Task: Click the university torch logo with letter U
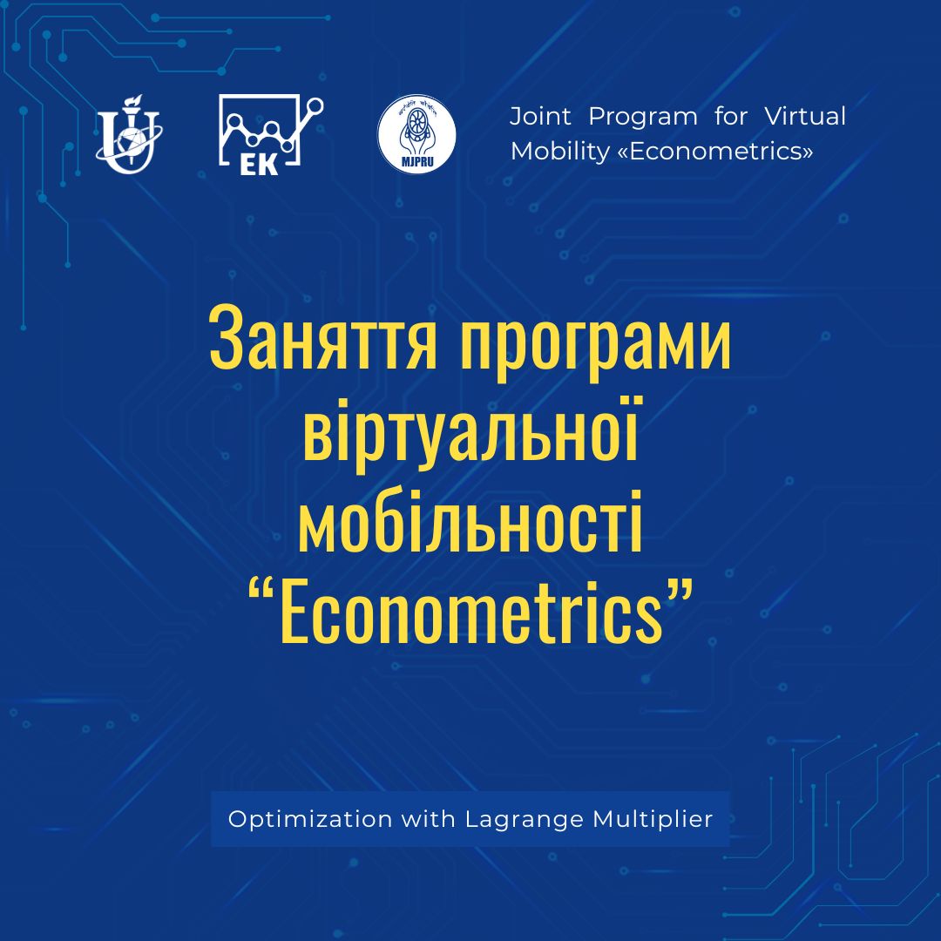[129, 134]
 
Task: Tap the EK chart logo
[271, 134]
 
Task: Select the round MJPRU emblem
[416, 134]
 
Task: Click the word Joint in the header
[540, 117]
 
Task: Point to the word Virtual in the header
[805, 117]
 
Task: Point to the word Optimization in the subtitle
[309, 819]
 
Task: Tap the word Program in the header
[643, 118]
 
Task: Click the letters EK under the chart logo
[259, 165]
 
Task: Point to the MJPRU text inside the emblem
[417, 161]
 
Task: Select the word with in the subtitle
[429, 818]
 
